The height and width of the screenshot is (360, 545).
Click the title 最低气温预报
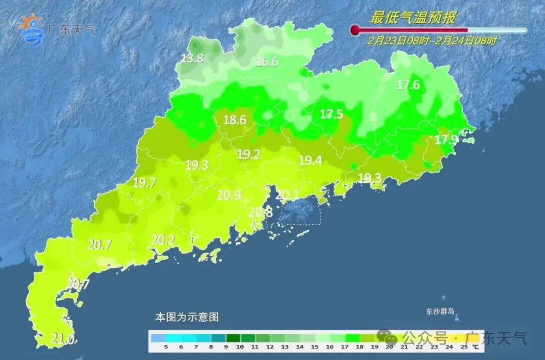(413, 18)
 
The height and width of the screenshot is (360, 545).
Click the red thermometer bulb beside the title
(355, 30)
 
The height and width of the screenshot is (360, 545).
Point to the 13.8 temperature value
(192, 59)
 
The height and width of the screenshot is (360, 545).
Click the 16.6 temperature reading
(266, 62)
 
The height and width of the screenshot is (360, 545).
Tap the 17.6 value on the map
(408, 85)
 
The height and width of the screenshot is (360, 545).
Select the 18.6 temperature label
(235, 120)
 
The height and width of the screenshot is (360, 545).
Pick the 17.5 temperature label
(331, 115)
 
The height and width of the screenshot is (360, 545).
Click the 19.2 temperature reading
(248, 155)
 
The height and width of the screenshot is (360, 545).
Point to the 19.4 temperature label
(310, 161)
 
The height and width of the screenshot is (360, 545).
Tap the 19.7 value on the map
(144, 183)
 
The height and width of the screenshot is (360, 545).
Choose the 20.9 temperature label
(229, 195)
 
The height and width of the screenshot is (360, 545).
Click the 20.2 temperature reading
(163, 240)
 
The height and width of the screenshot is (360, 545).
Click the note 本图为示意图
(187, 318)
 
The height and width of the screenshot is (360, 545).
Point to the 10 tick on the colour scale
(240, 347)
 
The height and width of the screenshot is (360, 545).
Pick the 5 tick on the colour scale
(166, 347)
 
